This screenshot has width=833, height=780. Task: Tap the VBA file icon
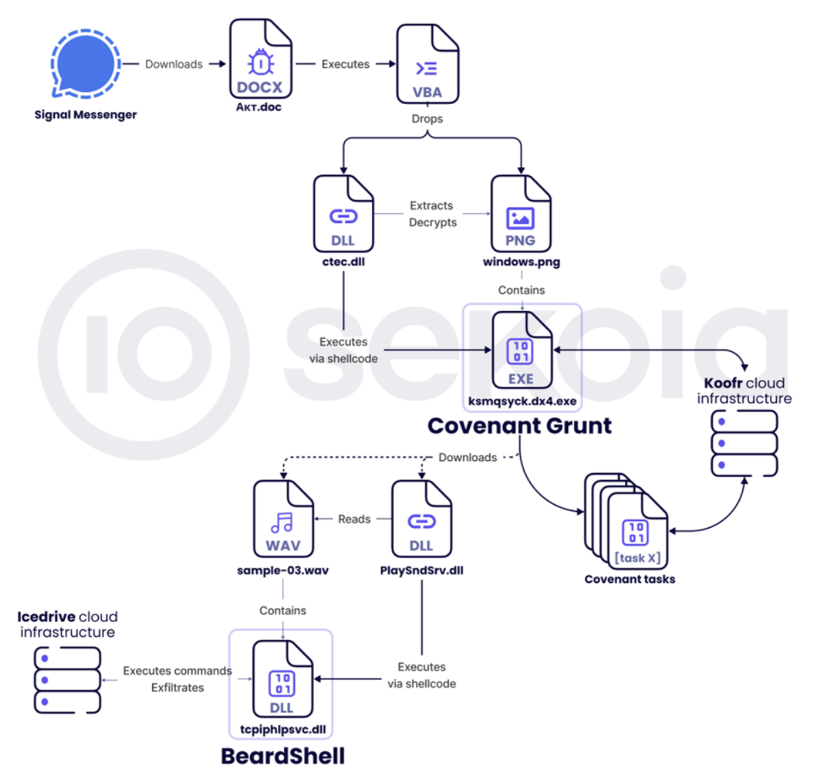(427, 64)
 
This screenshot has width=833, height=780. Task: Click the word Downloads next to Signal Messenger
(174, 64)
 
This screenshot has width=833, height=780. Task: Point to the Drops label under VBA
(427, 119)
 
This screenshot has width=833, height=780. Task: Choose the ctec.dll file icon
(343, 214)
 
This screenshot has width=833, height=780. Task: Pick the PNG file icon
(521, 214)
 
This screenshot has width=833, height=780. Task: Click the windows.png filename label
(521, 262)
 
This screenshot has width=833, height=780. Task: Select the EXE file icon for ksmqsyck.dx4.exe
(521, 351)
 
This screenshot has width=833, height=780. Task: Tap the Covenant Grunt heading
(519, 426)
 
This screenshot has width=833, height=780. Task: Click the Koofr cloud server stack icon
(744, 443)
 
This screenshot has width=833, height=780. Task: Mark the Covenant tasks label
(629, 579)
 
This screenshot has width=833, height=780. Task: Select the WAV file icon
(283, 518)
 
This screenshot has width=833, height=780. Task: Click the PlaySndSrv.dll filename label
(421, 570)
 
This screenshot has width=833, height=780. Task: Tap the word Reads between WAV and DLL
(354, 519)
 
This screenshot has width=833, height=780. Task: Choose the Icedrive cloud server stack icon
(68, 680)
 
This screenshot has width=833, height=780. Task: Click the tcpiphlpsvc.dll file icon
(283, 679)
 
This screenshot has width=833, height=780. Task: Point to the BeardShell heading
(283, 756)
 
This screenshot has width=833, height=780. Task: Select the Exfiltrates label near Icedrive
(177, 688)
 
